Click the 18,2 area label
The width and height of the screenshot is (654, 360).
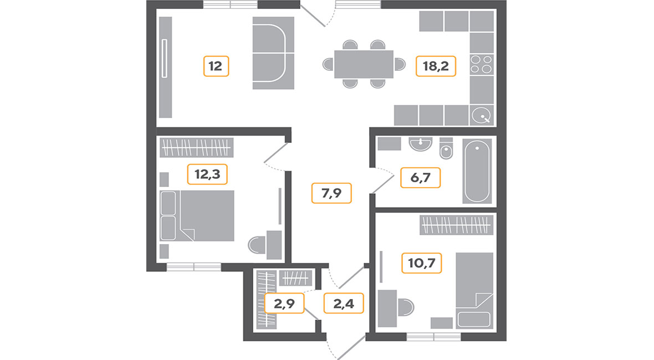[436, 66]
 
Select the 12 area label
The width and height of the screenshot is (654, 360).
[216, 66]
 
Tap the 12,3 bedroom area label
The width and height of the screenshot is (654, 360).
[207, 174]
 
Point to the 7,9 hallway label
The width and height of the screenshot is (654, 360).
[331, 193]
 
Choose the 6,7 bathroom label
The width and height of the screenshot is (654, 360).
[421, 178]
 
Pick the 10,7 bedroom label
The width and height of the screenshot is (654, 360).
[422, 263]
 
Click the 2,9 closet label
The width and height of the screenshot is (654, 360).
[284, 304]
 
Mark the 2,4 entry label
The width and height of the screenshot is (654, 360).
[344, 304]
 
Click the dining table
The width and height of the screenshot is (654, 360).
[364, 64]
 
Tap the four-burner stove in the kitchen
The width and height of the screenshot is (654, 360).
[482, 65]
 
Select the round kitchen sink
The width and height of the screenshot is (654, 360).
[482, 115]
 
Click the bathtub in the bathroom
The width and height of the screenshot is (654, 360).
[477, 171]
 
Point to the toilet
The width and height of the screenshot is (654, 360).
[446, 148]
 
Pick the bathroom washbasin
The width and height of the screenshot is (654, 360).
[421, 144]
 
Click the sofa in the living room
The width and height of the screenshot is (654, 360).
[273, 53]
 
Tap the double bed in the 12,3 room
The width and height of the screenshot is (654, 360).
[197, 216]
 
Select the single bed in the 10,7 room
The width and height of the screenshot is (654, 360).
[474, 290]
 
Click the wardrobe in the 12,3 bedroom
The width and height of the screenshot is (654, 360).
[196, 147]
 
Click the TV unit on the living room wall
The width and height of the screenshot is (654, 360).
[166, 67]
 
